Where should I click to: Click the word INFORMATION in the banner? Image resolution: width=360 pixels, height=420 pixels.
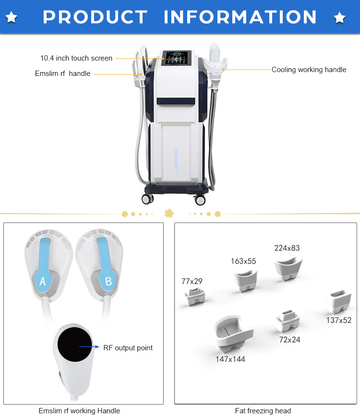(x=240, y=17)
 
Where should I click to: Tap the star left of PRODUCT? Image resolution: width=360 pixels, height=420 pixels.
(x=12, y=18)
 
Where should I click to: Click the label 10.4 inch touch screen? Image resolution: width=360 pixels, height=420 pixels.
(x=76, y=58)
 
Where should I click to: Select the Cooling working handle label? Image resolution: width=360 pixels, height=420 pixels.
(x=309, y=70)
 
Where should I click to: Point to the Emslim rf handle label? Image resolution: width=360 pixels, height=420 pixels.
(x=62, y=74)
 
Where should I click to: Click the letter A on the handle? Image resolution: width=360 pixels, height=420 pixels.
(x=42, y=282)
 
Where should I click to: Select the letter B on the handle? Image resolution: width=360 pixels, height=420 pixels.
(x=108, y=282)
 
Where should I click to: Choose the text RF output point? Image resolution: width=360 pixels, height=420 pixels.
(x=128, y=347)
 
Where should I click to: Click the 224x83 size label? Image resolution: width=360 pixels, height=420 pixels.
(x=287, y=248)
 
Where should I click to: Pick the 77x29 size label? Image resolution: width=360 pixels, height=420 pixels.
(x=192, y=281)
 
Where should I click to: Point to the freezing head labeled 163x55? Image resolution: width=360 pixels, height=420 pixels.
(x=246, y=281)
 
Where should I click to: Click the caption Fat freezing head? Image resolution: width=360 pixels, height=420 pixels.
(x=263, y=411)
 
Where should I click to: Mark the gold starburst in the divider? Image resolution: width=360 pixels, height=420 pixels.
(x=169, y=213)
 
